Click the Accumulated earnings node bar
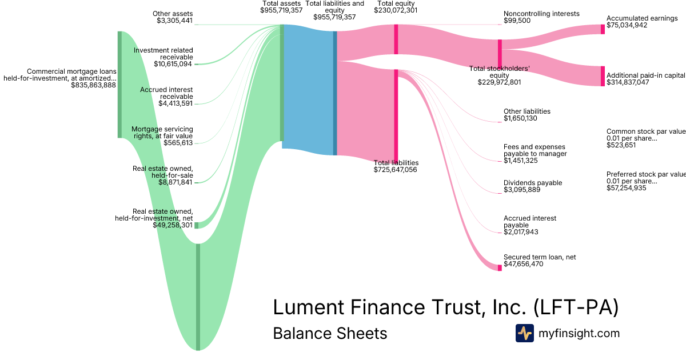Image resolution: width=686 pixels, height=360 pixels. [x=603, y=29]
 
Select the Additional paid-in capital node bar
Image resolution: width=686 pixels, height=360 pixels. [x=603, y=76]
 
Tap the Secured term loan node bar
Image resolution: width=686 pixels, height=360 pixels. [x=500, y=267]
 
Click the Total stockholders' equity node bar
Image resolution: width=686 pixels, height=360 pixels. [x=500, y=54]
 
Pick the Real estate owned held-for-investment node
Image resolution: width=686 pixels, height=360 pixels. [x=197, y=225]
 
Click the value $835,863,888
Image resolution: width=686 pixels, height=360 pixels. [x=93, y=85]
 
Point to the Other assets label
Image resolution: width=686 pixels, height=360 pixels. [x=173, y=14]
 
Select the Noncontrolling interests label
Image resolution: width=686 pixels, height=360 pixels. [x=541, y=14]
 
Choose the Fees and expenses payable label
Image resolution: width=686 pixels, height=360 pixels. [x=535, y=150]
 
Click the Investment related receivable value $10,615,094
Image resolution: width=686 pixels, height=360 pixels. [x=173, y=64]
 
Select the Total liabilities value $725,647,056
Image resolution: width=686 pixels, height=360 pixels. [x=395, y=170]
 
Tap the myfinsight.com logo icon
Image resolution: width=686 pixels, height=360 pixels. [x=524, y=333]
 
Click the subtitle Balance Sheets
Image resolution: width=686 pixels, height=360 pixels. [x=330, y=333]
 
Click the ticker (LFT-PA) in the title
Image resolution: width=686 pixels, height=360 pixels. [x=576, y=307]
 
